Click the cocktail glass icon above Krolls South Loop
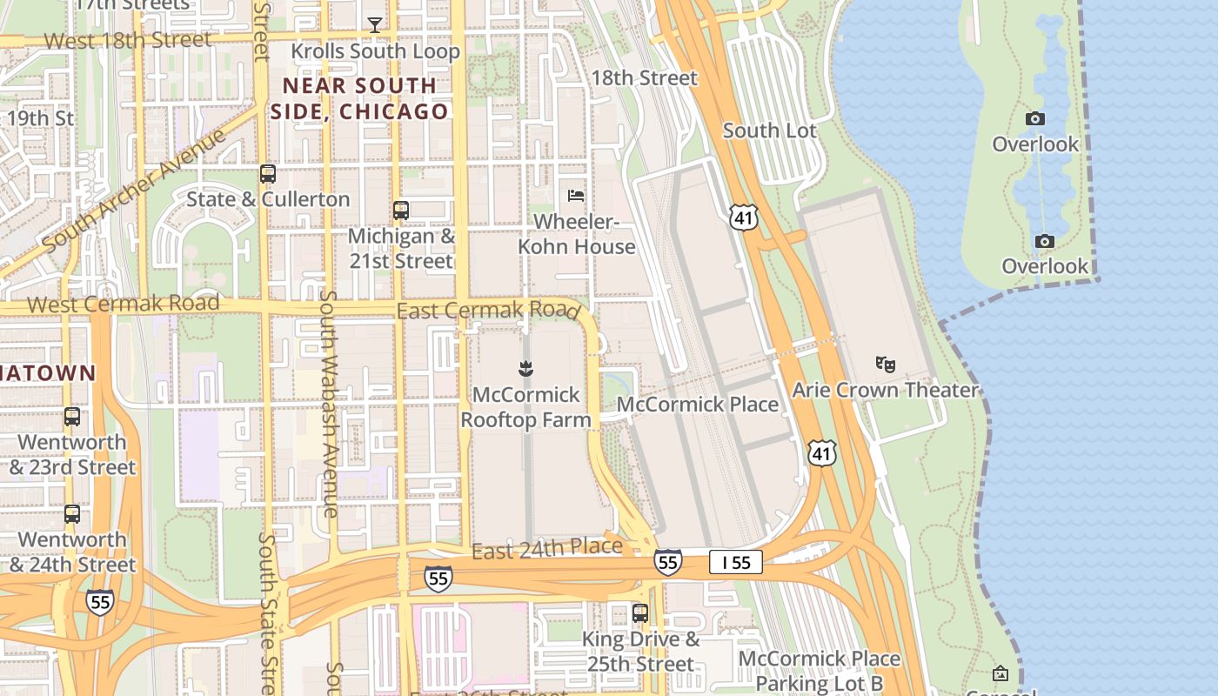coord(374,25)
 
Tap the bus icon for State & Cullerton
coord(268,174)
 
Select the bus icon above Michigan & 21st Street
coord(401,211)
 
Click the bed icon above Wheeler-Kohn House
coord(576,196)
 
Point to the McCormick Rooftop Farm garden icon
coord(525,370)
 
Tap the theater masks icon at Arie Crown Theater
coord(886,364)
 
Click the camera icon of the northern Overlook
coord(1035,119)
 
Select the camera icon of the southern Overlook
coord(1045,242)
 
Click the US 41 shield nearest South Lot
coord(744,217)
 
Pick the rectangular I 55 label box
coord(735,563)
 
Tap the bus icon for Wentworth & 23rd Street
coord(72,417)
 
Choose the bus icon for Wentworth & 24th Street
coord(72,514)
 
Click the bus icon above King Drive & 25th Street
coord(640,613)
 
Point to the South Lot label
coord(770,130)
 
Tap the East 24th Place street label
coord(547,549)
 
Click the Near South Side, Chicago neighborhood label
coord(359,98)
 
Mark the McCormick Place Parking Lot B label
coord(819,671)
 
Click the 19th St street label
coord(41,117)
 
